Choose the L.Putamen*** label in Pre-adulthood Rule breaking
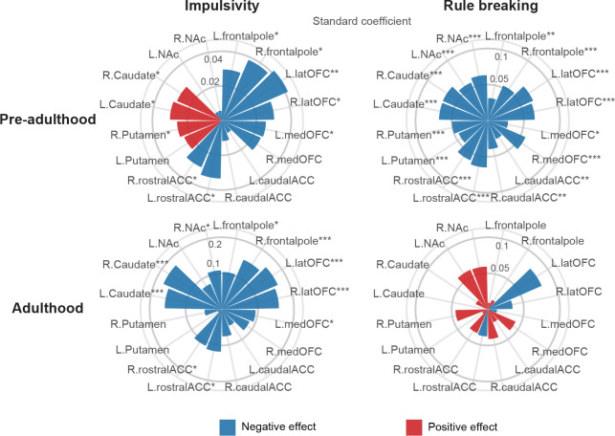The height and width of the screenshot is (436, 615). tap(413, 160)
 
